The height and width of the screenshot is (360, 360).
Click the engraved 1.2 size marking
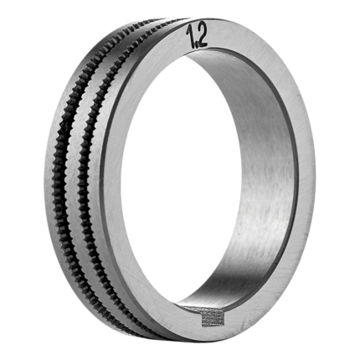pos(196,36)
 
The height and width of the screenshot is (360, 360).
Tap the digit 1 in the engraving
pos(191,36)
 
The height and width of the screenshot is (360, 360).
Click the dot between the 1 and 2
pos(196,45)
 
